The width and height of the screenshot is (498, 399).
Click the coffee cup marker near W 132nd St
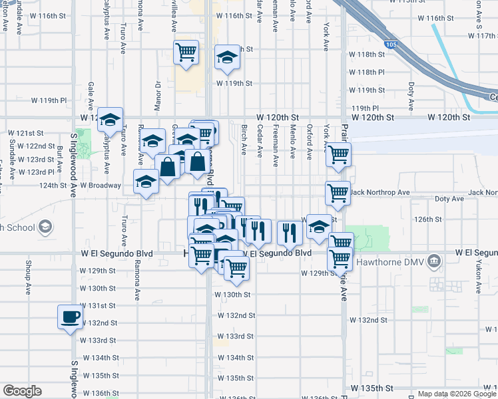point(70,317)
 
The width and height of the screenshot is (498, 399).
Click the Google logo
point(22,392)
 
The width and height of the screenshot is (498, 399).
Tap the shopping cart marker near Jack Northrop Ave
point(338,194)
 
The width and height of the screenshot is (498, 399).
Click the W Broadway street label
point(101,186)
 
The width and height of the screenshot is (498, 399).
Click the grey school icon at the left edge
point(44,228)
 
